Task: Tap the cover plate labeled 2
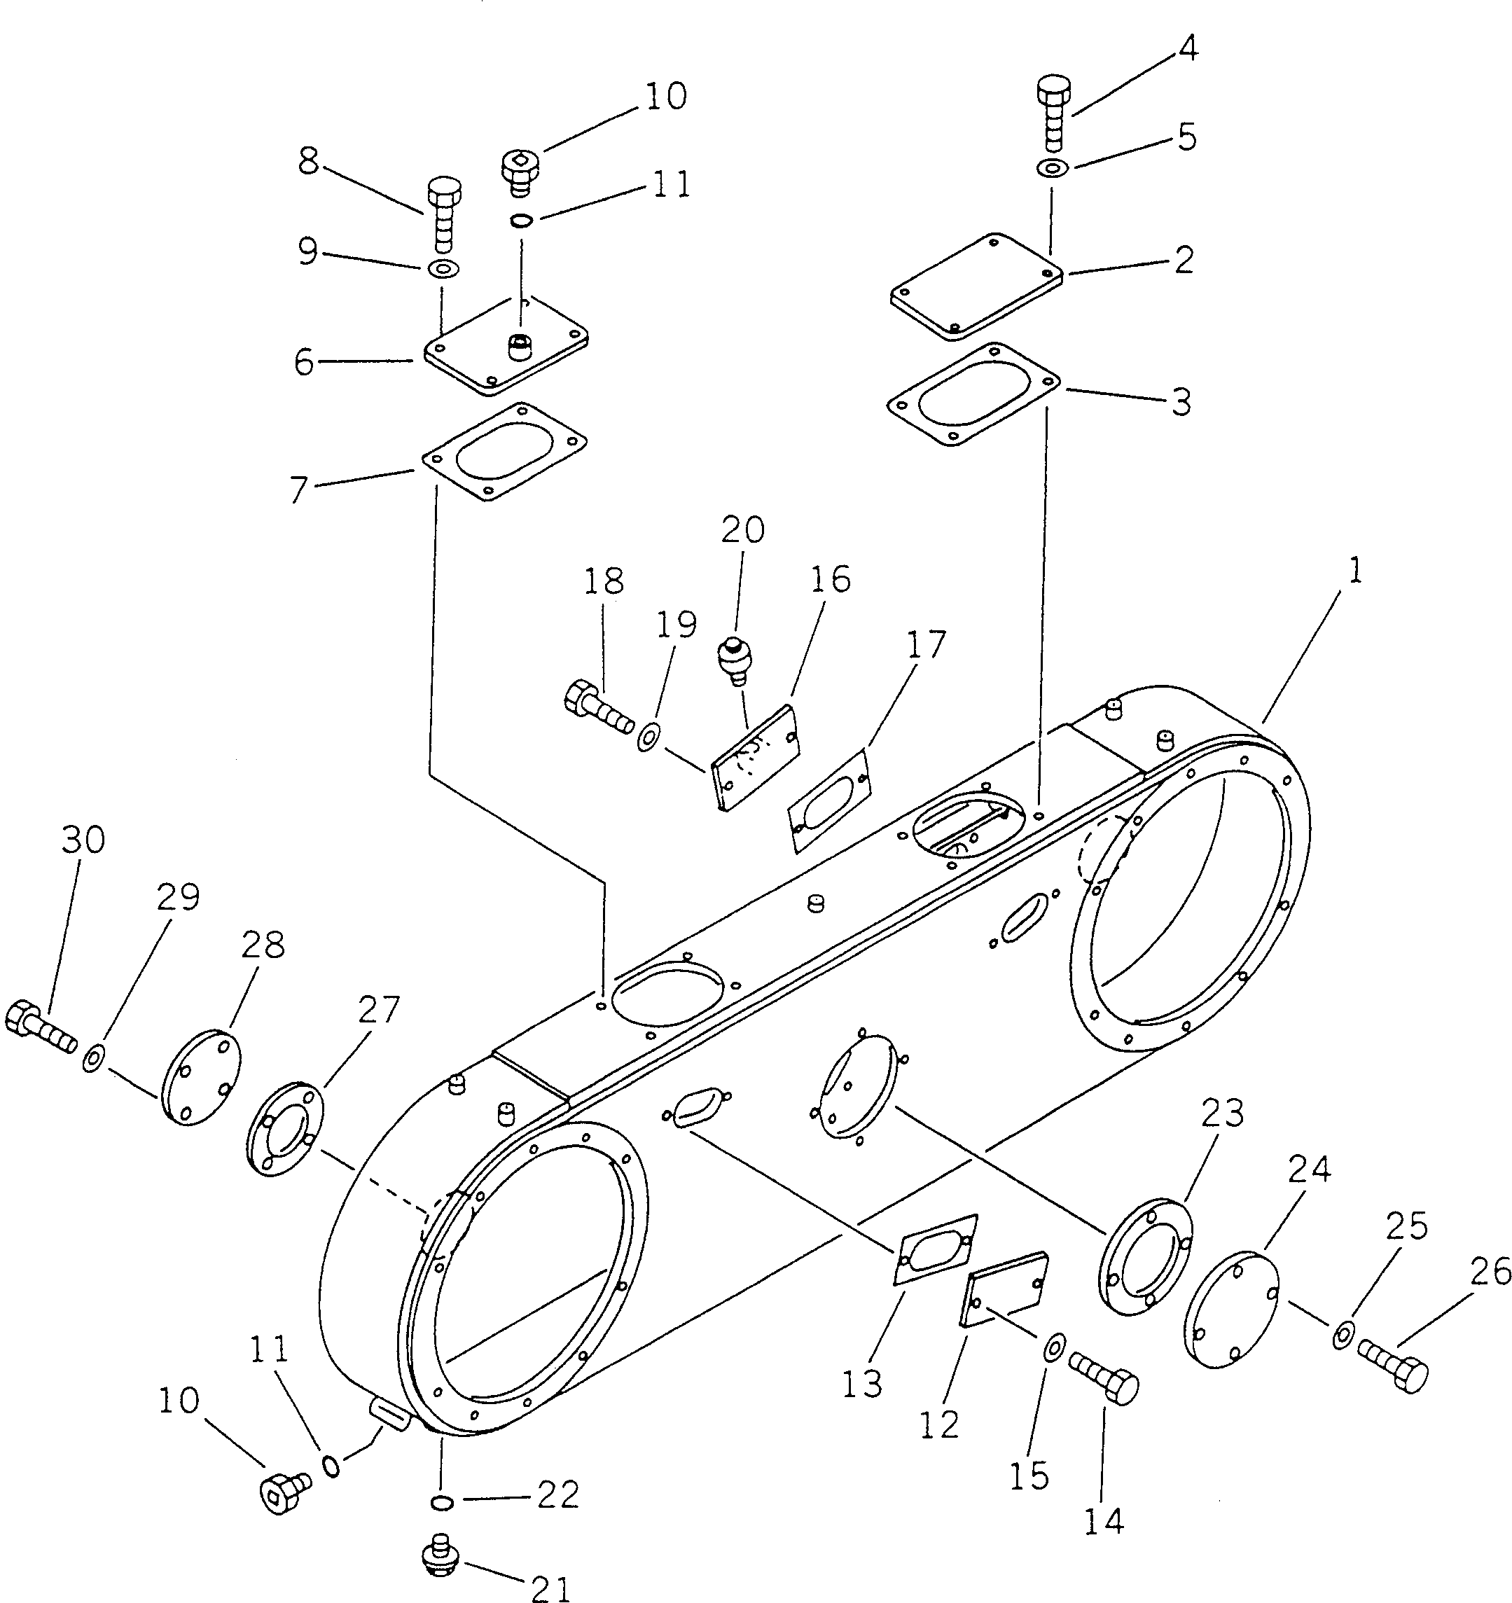tap(976, 286)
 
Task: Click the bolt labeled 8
tap(442, 214)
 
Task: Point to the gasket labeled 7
tap(505, 452)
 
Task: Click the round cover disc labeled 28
tap(202, 1076)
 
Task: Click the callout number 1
tap(1354, 571)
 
